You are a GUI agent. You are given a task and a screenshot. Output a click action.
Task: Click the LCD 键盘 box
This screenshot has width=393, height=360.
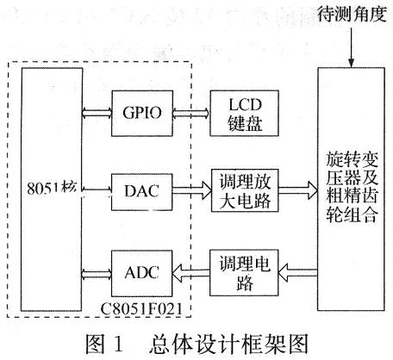[246, 113]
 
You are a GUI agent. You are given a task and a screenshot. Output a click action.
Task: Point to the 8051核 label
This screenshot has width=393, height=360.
[53, 187]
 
